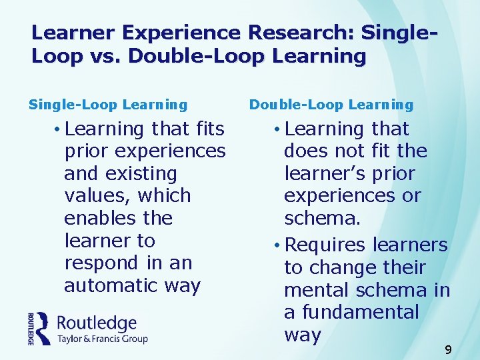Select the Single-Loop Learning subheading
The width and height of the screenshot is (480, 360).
(x=108, y=105)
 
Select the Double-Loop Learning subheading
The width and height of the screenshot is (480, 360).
(x=331, y=105)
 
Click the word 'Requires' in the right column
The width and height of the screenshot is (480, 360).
(x=325, y=245)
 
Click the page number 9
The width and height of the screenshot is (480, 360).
(x=448, y=349)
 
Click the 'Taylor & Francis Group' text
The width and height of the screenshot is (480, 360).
(x=103, y=339)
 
